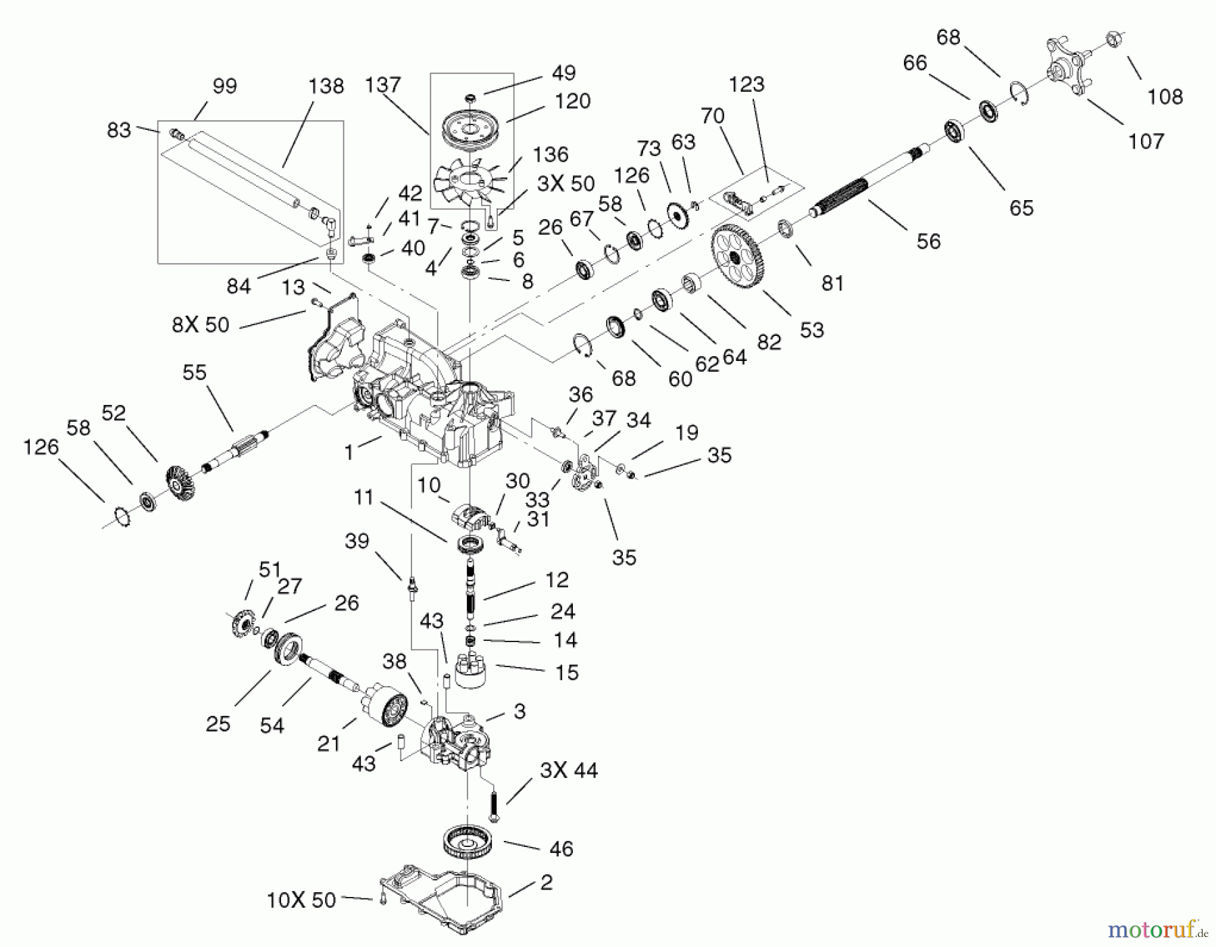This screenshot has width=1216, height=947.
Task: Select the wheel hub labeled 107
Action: click(1073, 67)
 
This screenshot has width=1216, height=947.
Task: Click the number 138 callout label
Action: click(326, 87)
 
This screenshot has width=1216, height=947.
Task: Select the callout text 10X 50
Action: click(301, 900)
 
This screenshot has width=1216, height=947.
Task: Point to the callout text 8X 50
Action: click(201, 324)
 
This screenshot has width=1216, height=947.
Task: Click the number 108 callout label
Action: click(1165, 97)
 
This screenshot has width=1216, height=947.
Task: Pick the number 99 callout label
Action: click(224, 87)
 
